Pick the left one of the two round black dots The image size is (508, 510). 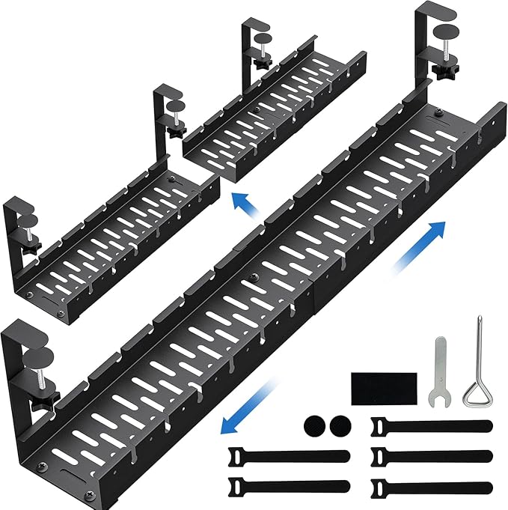point(313,427)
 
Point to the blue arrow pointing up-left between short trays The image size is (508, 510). point(242,201)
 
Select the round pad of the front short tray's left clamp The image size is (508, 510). point(23,222)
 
